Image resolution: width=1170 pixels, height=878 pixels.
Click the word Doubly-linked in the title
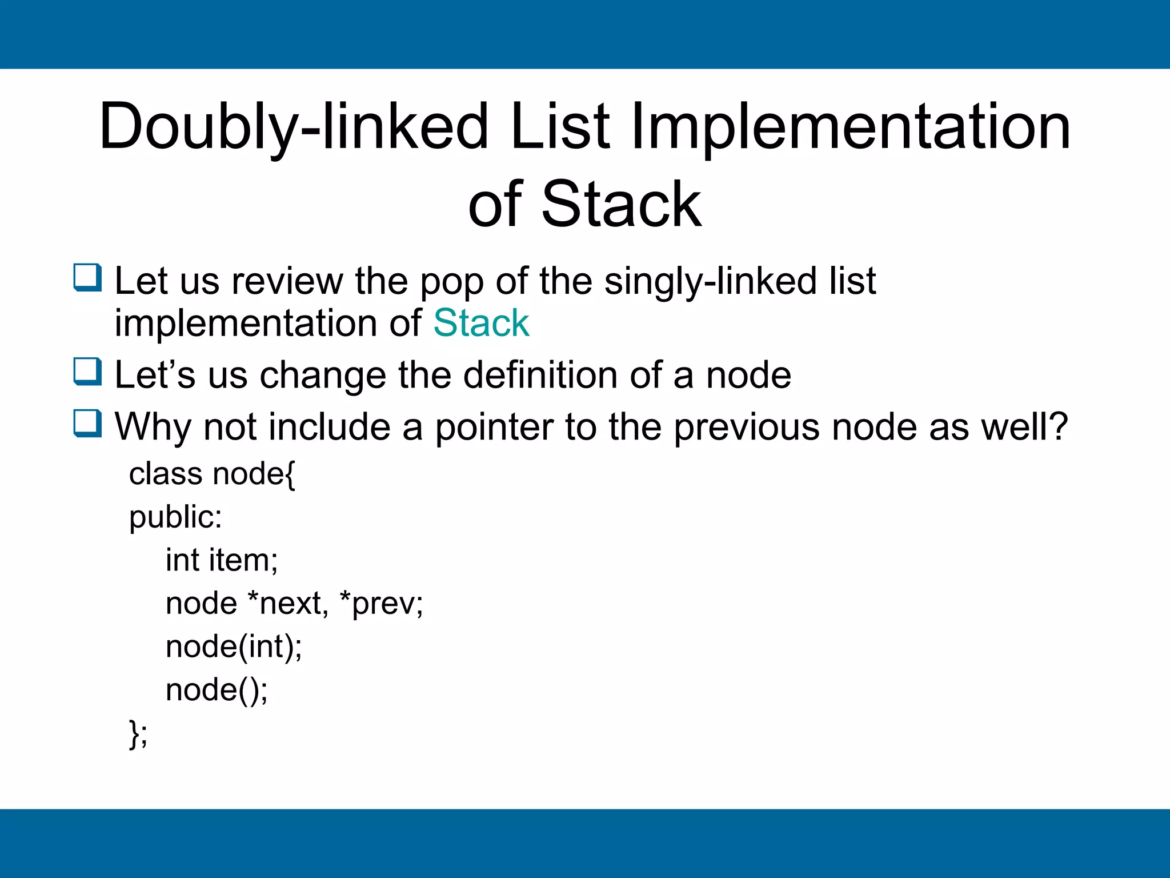(294, 127)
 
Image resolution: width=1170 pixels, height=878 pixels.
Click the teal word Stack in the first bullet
(481, 323)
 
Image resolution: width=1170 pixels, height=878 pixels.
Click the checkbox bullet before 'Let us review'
(87, 278)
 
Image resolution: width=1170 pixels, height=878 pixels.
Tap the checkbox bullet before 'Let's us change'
(87, 372)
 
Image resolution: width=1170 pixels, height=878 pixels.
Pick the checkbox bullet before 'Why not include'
(87, 424)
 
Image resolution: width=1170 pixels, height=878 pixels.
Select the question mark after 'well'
(1057, 426)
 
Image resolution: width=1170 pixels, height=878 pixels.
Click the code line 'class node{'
(212, 474)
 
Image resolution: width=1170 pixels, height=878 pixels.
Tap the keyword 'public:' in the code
(175, 517)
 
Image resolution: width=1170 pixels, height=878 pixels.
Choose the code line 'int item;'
(222, 560)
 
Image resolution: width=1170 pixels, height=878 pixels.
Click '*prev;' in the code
(381, 604)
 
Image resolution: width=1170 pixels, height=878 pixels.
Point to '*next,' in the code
(288, 604)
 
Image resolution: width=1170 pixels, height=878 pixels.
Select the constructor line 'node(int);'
(234, 647)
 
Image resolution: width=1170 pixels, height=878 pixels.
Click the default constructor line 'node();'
(217, 690)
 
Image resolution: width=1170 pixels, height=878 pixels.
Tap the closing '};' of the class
(138, 733)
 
